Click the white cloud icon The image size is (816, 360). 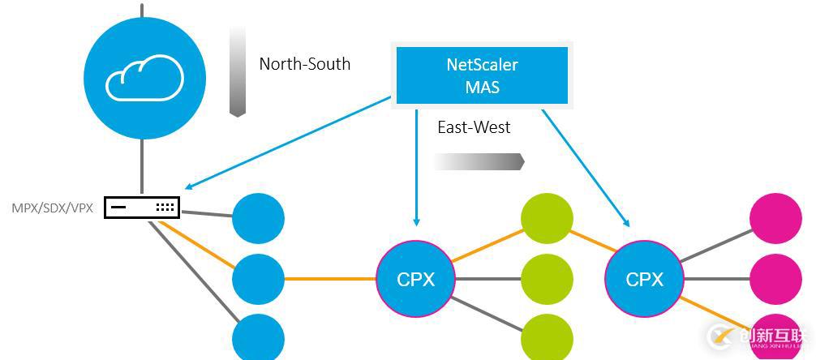(144, 78)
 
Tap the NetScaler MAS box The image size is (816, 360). (482, 75)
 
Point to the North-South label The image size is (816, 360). (305, 64)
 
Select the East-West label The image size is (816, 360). (474, 127)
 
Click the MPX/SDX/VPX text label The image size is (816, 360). (53, 208)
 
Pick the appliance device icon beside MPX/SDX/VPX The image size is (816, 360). (141, 208)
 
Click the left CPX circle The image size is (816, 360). (416, 279)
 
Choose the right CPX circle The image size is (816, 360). (645, 279)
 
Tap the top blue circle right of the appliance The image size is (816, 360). (258, 218)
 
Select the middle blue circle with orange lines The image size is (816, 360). (258, 279)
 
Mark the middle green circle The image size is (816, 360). (547, 279)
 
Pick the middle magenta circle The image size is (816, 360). (775, 279)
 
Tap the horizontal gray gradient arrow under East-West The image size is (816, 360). (479, 162)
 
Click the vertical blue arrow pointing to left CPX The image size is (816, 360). (416, 166)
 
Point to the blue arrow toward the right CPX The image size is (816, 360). (584, 166)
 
